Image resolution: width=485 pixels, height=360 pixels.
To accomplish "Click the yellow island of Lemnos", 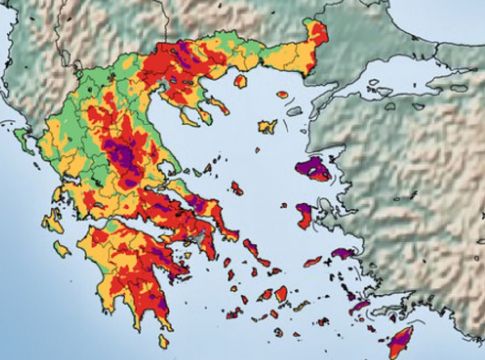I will pos(267,127).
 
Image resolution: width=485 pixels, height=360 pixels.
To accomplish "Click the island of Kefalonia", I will pos(52,222).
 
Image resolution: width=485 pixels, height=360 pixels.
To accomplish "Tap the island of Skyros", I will pos(237,187).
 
